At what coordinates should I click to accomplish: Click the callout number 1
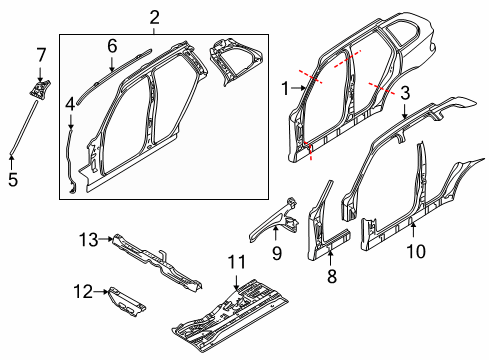(285, 88)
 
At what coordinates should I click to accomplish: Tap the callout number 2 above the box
(154, 17)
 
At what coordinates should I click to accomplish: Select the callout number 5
(13, 180)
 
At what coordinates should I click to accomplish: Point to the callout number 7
(41, 55)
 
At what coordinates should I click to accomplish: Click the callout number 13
(89, 240)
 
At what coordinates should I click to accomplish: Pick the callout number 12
(83, 292)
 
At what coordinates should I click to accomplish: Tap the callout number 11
(237, 262)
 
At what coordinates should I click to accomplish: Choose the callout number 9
(277, 253)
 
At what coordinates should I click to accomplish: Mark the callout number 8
(332, 276)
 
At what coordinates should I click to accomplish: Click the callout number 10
(416, 251)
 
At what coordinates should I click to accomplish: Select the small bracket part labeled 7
(40, 89)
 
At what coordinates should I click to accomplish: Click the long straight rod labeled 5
(23, 128)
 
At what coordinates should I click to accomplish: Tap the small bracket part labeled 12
(127, 301)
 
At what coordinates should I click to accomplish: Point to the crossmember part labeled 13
(157, 263)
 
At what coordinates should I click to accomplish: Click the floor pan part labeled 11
(230, 315)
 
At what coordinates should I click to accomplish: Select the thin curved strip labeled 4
(70, 160)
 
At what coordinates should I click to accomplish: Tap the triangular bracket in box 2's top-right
(234, 61)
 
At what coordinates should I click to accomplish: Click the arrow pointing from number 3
(404, 112)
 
